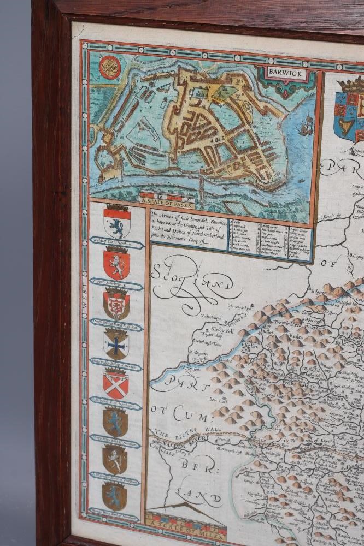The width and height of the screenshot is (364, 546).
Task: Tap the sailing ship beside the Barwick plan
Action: click(303, 126)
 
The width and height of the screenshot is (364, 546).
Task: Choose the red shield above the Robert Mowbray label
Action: click(116, 264)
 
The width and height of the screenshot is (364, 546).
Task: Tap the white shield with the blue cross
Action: click(116, 345)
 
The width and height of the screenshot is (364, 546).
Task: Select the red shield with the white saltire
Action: click(116, 384)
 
